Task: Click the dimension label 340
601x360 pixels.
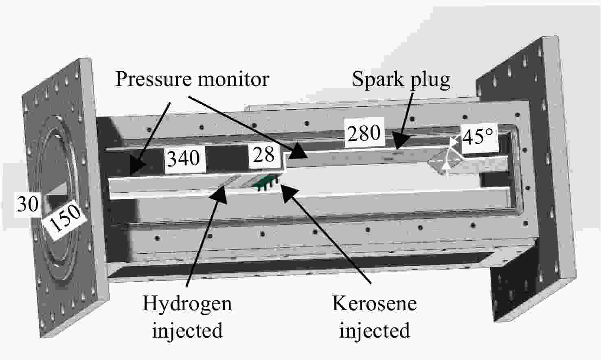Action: pyautogui.click(x=184, y=158)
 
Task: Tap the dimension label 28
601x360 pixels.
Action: pyautogui.click(x=264, y=154)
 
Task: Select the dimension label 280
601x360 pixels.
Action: pyautogui.click(x=364, y=133)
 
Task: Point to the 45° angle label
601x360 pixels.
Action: pyautogui.click(x=478, y=137)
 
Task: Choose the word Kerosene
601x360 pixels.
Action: pyautogui.click(x=374, y=303)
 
